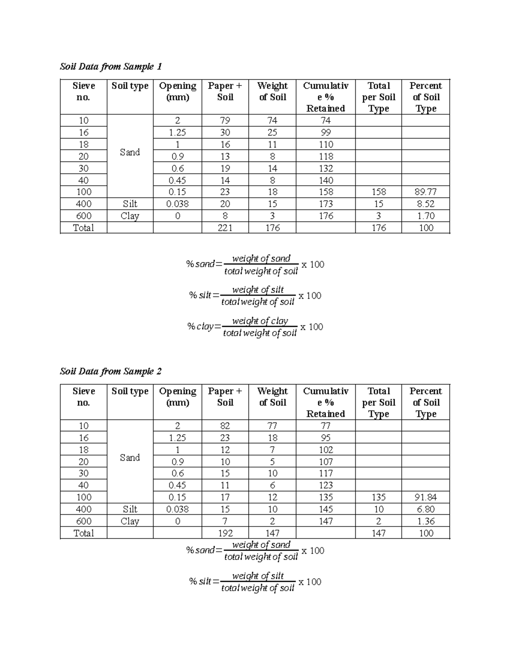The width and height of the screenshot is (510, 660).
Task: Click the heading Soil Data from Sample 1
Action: point(111,67)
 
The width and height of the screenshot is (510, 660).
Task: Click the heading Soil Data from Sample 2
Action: point(111,372)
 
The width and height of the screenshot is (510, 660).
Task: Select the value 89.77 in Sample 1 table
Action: point(426,192)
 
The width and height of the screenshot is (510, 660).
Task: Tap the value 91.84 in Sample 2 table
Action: point(426,497)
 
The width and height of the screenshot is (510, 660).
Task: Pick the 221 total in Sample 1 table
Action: point(225,228)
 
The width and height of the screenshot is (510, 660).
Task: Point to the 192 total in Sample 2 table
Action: point(225,533)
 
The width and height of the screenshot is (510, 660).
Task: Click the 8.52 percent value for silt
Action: point(426,204)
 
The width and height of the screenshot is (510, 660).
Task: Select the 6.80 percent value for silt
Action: point(426,509)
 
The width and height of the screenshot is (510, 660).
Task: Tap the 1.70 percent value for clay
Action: point(426,216)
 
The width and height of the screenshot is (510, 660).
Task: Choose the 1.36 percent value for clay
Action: point(426,521)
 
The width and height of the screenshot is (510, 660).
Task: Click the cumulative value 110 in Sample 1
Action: point(326,144)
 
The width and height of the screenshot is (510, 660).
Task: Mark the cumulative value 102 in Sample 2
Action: point(326,450)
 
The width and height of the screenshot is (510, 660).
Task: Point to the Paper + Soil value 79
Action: point(225,121)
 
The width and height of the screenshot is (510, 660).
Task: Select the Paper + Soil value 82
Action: point(225,426)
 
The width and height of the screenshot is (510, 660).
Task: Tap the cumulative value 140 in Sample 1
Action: point(326,180)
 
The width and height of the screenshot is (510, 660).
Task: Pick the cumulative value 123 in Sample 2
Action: point(326,485)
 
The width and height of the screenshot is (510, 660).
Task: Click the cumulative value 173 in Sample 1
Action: point(326,204)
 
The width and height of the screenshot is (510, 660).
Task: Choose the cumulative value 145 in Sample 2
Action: point(326,509)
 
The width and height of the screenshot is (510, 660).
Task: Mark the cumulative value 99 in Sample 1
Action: point(326,133)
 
